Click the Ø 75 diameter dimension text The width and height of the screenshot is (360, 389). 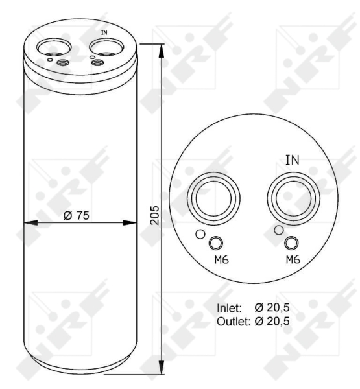tap(77, 215)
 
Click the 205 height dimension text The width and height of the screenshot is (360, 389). tap(154, 215)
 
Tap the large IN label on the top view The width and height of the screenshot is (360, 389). tap(293, 160)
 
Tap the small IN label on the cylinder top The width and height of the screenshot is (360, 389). tap(104, 32)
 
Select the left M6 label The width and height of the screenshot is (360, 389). tap(221, 260)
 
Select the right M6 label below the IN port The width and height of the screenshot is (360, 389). tap(293, 259)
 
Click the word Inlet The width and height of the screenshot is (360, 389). tap(229, 308)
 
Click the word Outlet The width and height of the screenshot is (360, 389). tap(234, 322)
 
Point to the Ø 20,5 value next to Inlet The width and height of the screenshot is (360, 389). tap(272, 307)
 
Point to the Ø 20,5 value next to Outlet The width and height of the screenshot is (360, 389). tap(272, 322)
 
